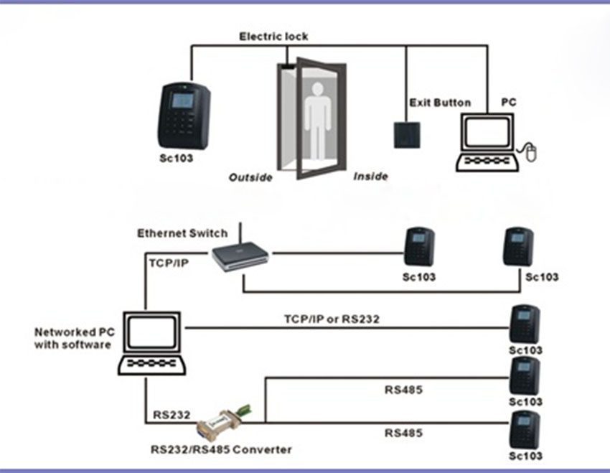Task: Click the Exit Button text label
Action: tap(440, 103)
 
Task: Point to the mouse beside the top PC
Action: tap(531, 151)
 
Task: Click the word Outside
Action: tap(250, 177)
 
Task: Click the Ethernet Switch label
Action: tap(182, 233)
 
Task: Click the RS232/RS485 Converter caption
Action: tap(221, 450)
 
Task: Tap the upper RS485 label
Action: tap(403, 390)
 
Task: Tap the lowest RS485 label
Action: tap(403, 433)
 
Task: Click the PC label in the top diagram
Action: tap(508, 103)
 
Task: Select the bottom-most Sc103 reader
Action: tap(525, 431)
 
